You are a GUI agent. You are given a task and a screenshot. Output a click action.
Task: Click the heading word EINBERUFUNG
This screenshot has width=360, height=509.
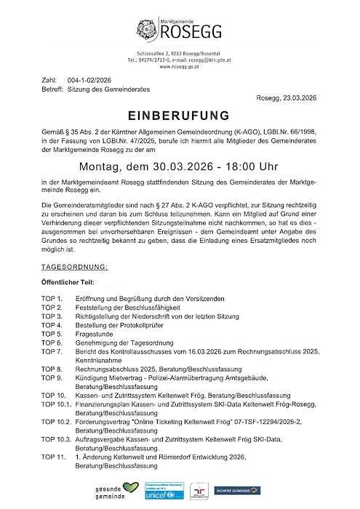[179, 116]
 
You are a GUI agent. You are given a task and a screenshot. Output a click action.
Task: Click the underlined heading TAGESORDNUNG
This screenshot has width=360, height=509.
[75, 267]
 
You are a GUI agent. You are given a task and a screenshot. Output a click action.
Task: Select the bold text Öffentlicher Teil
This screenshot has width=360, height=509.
[73, 282]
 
